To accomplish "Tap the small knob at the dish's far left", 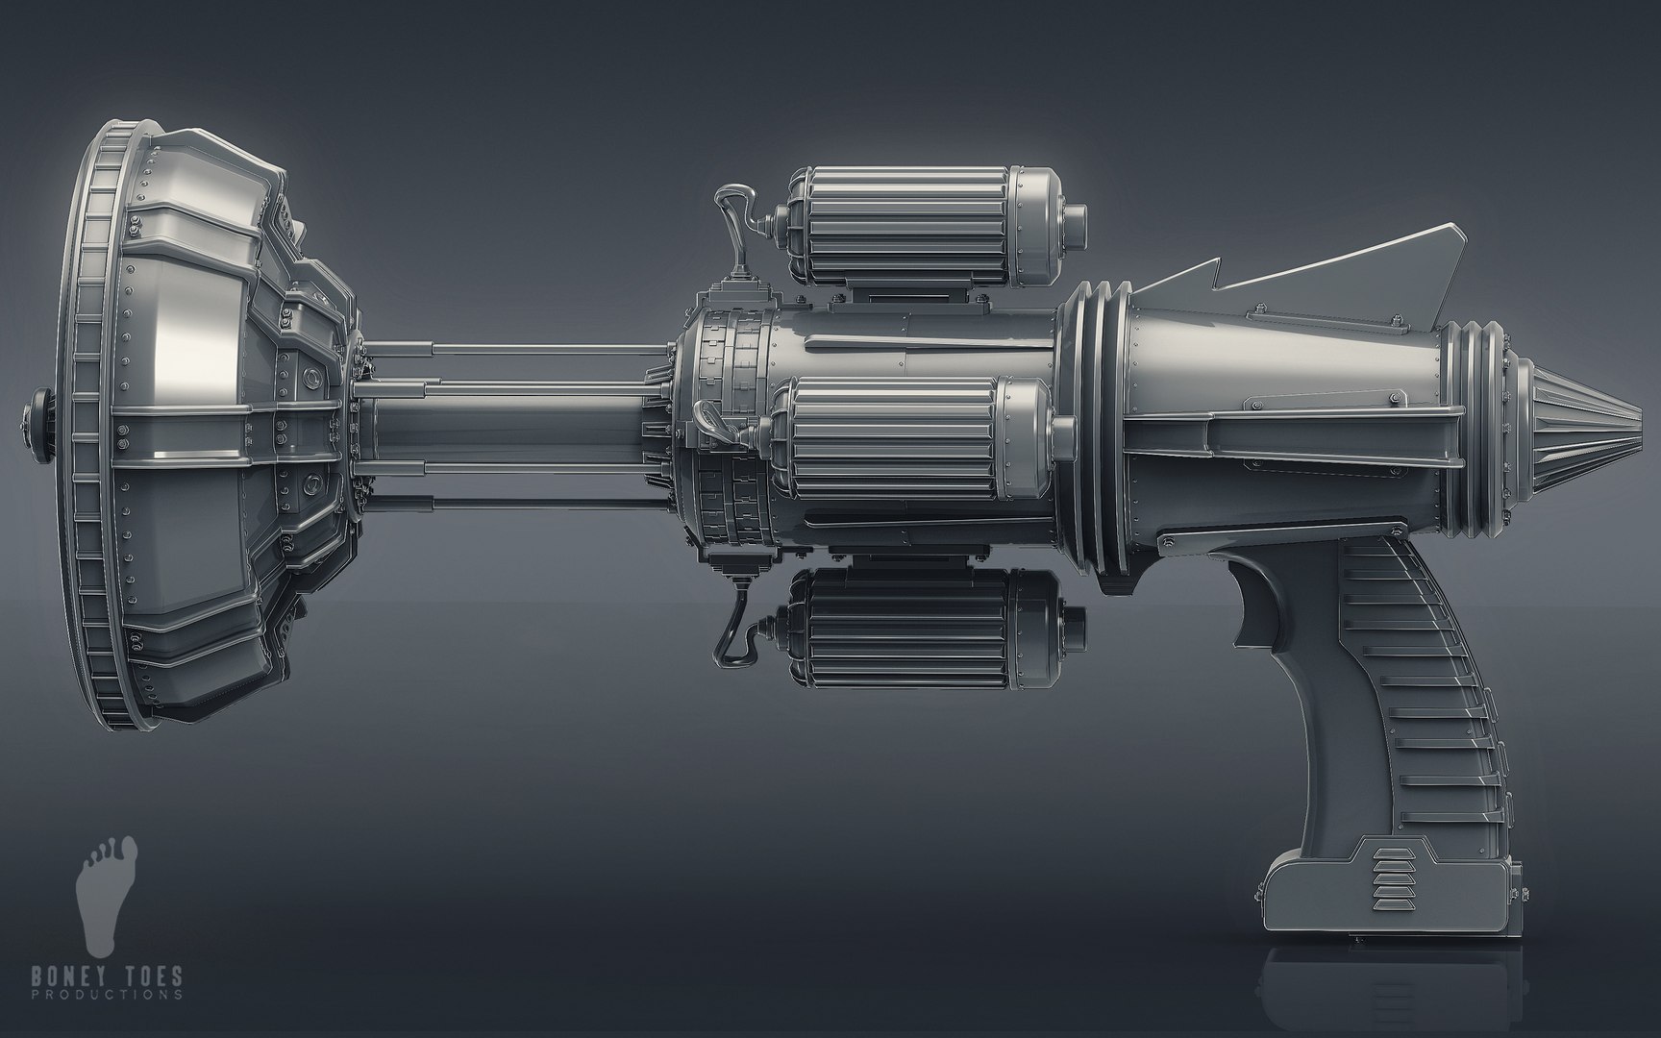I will pos(39,412).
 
